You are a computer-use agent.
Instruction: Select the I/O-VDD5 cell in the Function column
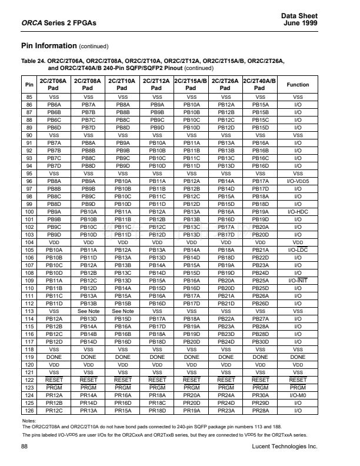(298, 182)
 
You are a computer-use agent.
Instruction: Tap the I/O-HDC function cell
(298, 211)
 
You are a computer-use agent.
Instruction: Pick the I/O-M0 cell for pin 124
(298, 395)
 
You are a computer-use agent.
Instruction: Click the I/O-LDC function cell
(298, 249)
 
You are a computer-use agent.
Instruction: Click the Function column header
(298, 85)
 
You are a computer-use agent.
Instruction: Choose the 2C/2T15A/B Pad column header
(192, 85)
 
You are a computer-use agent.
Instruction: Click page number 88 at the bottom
(25, 447)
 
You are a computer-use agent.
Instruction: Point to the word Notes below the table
(28, 421)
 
